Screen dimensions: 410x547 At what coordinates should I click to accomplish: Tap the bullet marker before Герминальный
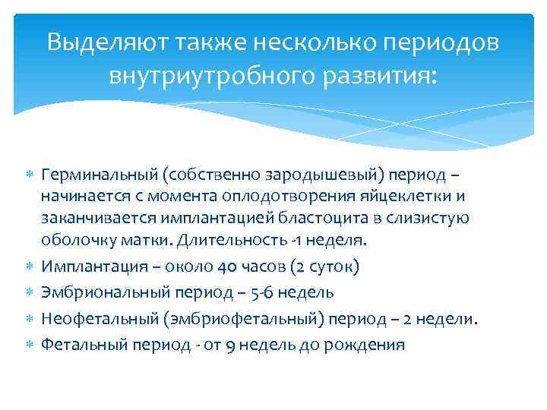(30, 175)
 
